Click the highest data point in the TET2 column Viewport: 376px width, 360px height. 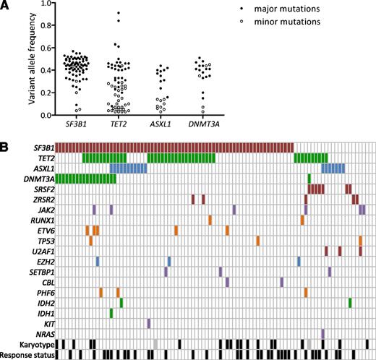(x=118, y=14)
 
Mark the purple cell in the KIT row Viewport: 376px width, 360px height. (x=148, y=324)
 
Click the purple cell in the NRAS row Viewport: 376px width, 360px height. (x=322, y=334)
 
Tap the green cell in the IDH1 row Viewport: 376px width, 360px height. (x=111, y=313)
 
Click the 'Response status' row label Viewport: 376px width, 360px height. (x=28, y=355)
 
